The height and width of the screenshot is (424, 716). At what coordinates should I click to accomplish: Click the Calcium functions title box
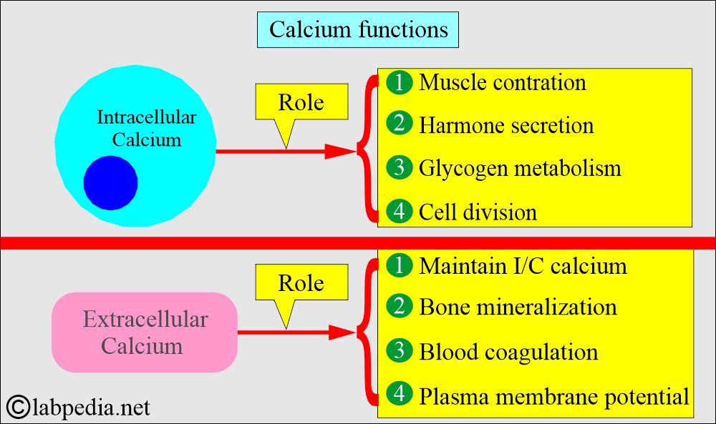[x=357, y=29]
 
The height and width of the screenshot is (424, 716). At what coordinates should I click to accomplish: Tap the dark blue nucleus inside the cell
[x=110, y=183]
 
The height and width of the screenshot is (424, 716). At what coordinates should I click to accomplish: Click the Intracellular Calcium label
[x=147, y=128]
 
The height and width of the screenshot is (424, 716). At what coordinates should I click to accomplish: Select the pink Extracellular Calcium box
[x=145, y=332]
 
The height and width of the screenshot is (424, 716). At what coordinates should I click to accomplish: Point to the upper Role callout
[x=301, y=102]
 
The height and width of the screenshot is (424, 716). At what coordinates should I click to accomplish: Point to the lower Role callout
[x=301, y=282]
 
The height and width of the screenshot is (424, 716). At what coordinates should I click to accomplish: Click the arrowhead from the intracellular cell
[x=340, y=152]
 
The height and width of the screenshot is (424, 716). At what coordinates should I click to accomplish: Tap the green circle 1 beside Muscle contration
[x=399, y=82]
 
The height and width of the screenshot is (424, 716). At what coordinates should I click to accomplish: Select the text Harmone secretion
[x=506, y=125]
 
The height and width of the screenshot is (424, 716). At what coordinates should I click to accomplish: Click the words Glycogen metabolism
[x=520, y=168]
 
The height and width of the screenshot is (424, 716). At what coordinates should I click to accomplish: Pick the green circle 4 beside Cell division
[x=399, y=212]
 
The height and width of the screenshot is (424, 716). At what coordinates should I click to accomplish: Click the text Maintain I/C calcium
[x=523, y=266]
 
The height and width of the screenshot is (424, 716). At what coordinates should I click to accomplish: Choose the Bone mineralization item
[x=518, y=307]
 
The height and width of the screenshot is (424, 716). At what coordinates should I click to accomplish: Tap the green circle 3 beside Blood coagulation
[x=399, y=350]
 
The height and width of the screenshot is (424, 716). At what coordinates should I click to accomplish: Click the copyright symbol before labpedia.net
[x=19, y=407]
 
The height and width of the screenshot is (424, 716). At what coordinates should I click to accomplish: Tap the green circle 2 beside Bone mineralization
[x=399, y=306]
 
